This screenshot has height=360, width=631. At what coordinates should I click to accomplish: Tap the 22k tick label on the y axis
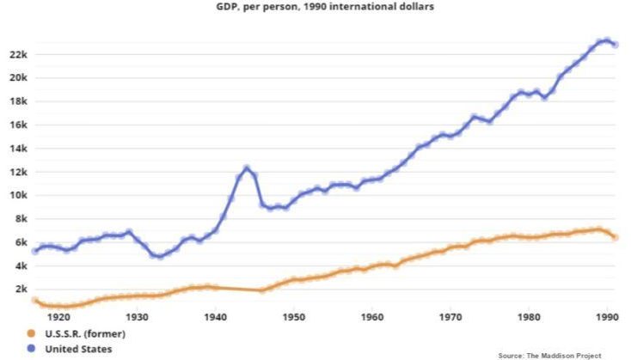[19, 54]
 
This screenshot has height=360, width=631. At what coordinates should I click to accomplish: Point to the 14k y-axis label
[19, 148]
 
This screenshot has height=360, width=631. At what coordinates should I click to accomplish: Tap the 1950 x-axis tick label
[293, 315]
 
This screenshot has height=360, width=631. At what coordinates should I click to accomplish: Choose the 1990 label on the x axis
[607, 315]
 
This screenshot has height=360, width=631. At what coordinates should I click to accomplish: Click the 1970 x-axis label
[450, 315]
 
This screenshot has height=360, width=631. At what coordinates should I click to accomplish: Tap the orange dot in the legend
[33, 333]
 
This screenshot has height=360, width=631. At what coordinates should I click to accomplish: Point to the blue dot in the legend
[33, 349]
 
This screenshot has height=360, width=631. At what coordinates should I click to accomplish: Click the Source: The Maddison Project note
[550, 354]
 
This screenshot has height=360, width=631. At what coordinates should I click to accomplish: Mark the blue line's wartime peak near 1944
[247, 168]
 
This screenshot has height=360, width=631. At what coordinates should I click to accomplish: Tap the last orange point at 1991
[615, 237]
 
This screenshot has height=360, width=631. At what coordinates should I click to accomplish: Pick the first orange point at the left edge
[35, 301]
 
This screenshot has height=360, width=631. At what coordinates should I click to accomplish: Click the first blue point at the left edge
[35, 251]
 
